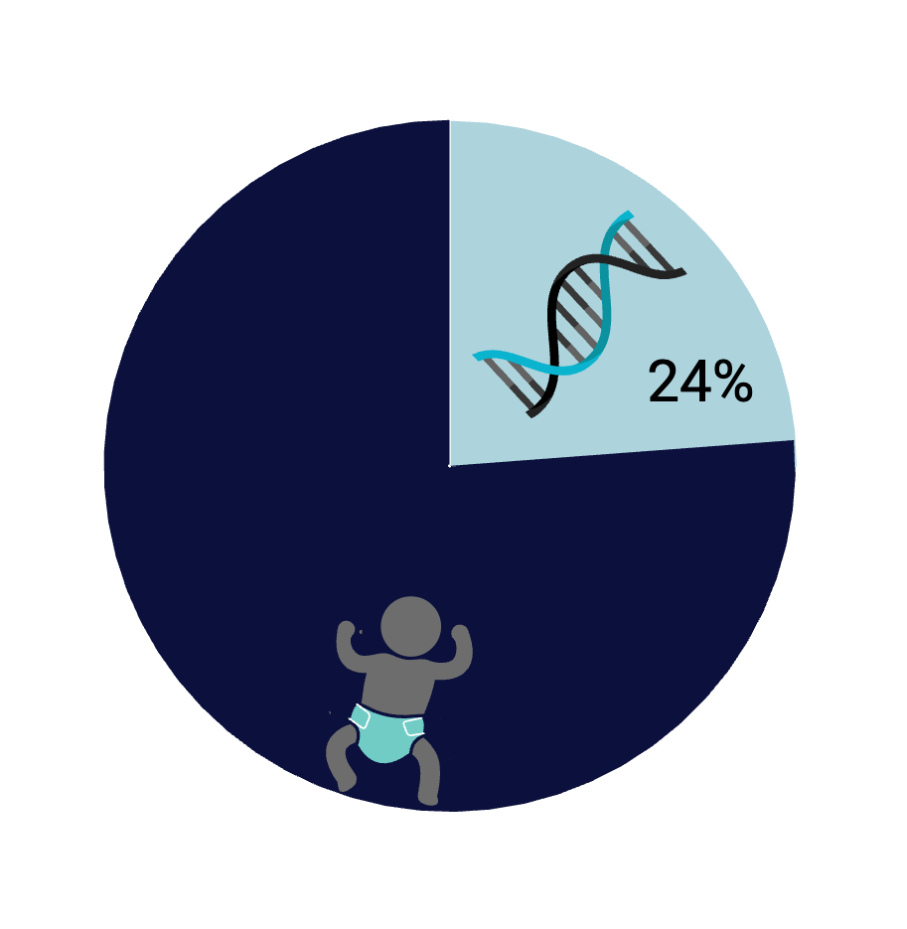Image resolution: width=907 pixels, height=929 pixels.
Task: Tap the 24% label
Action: point(700,382)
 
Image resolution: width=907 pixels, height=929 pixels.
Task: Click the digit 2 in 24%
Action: point(664,382)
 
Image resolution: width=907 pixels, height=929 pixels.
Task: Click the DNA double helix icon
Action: point(579,314)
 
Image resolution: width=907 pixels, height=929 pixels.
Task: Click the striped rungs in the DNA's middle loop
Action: point(579,315)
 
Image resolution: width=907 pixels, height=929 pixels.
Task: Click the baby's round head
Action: point(410,627)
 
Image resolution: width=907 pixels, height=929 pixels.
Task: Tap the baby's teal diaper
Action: point(386,733)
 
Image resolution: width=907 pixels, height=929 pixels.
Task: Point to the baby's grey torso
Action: point(397,685)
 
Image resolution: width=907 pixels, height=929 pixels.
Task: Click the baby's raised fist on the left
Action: point(346,629)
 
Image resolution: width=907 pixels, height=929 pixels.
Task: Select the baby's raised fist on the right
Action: point(460,633)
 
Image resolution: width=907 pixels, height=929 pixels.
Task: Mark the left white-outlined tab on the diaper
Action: point(360,717)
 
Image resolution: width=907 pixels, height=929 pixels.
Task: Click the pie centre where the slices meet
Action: point(450,466)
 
